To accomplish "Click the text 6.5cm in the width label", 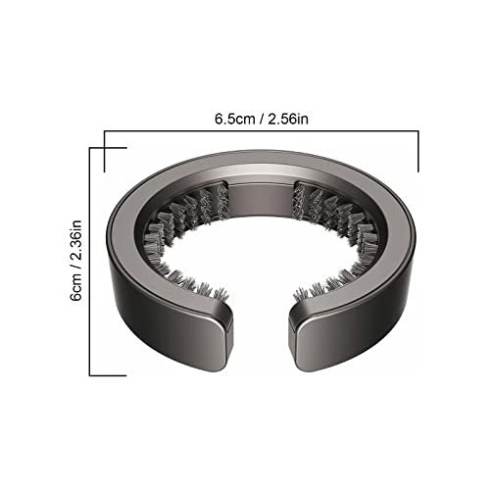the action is (234, 119).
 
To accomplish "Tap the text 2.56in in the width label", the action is (288, 119).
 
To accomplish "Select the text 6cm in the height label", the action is (77, 286).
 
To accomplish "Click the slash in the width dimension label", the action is (262, 120).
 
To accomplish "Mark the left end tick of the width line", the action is (105, 151).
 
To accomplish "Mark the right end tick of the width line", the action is (418, 151).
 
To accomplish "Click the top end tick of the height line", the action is (108, 148).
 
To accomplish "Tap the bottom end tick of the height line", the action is (108, 375).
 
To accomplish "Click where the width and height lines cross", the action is (105, 148).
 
